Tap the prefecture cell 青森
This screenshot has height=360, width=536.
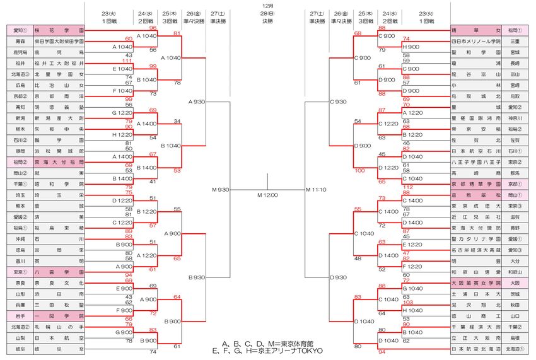(x=20, y=41)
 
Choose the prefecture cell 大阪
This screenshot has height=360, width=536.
(x=515, y=283)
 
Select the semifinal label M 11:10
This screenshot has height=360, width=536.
(x=317, y=189)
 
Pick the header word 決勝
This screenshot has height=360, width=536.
(x=268, y=21)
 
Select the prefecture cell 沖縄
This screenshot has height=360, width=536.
(x=20, y=239)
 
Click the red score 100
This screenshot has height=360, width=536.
(x=359, y=170)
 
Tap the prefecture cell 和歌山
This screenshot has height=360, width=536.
(x=515, y=272)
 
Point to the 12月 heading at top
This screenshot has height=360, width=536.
(x=267, y=6)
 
